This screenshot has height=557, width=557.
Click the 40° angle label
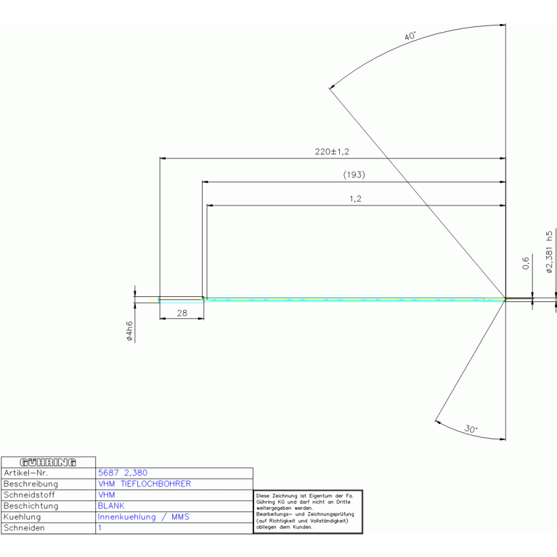[x=412, y=36]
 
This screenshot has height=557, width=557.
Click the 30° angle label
[x=471, y=429]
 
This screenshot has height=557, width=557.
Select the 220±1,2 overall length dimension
[x=332, y=152]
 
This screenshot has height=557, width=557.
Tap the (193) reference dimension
[x=354, y=175]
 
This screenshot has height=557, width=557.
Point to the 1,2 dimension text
[x=355, y=199]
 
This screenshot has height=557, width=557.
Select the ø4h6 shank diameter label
[x=129, y=331]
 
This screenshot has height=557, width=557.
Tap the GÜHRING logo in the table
[x=49, y=462]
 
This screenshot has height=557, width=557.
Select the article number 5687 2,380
[x=123, y=473]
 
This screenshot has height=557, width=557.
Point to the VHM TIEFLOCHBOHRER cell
[x=144, y=484]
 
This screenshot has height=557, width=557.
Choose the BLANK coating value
[x=111, y=505]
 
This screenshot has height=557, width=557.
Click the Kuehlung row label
[x=24, y=517]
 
